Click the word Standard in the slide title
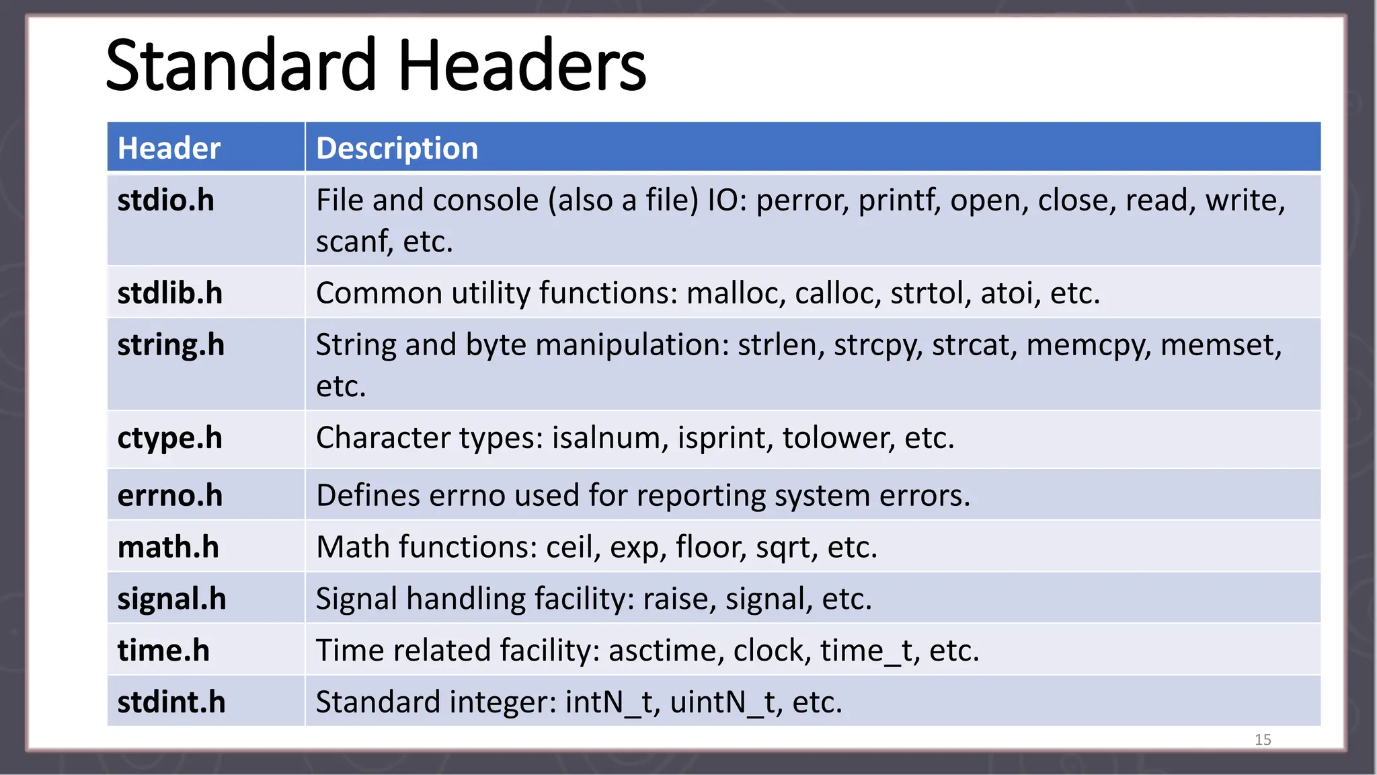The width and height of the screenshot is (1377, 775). (241, 66)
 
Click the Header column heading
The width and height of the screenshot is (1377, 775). (169, 148)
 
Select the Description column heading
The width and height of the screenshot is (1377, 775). (397, 148)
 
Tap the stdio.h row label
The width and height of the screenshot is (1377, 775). (165, 200)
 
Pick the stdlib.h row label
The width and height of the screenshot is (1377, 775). (169, 293)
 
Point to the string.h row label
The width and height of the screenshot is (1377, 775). (171, 345)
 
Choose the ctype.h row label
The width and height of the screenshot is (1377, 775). (169, 438)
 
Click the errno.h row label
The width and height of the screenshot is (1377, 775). (169, 496)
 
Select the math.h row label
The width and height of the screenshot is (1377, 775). (168, 547)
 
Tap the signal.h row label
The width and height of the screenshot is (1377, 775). (171, 599)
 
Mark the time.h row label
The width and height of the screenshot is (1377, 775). (163, 651)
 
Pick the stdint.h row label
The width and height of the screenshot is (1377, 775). (171, 702)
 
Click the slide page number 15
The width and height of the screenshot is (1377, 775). (1263, 739)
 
